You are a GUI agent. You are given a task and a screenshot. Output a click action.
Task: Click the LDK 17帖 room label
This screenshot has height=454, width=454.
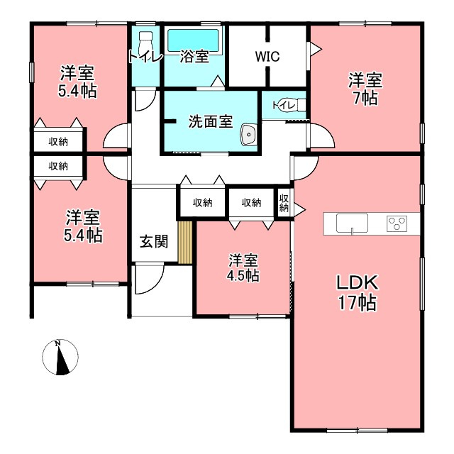[x=358, y=292]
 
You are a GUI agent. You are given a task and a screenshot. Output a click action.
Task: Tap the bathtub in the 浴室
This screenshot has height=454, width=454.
[x=193, y=41]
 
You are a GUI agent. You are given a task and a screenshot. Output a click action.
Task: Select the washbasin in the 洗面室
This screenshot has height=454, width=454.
[x=248, y=134]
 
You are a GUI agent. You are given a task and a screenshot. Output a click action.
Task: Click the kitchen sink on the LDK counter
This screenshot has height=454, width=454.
[x=352, y=223]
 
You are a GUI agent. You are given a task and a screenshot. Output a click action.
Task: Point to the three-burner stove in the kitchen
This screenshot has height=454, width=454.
[x=397, y=223]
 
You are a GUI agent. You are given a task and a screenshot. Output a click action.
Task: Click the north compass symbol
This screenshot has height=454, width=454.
[x=60, y=358]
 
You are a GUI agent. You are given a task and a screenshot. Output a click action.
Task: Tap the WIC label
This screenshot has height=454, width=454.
[x=267, y=57]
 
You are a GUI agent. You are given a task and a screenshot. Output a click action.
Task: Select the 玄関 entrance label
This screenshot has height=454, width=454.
[x=154, y=241]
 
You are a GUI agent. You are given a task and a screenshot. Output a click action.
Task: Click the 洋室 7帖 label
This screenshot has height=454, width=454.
[x=365, y=89]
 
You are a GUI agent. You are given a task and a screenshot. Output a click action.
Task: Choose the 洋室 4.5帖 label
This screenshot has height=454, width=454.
[x=243, y=268]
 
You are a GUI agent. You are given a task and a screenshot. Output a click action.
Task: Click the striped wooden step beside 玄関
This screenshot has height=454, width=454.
[x=185, y=243]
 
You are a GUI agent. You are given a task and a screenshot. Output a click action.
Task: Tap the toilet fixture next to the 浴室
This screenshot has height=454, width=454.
[x=145, y=45]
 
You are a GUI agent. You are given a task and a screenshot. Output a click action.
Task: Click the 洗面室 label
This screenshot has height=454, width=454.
[x=211, y=121]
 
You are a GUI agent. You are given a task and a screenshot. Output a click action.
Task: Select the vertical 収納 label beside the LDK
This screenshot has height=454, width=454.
[x=284, y=203]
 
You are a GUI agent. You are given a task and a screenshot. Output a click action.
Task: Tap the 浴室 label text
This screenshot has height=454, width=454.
[x=194, y=57]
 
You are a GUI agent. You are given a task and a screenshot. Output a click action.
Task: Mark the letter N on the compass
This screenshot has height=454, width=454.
[x=58, y=343]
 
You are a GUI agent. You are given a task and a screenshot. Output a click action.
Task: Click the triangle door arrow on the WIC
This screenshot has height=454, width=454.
[x=316, y=50]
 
